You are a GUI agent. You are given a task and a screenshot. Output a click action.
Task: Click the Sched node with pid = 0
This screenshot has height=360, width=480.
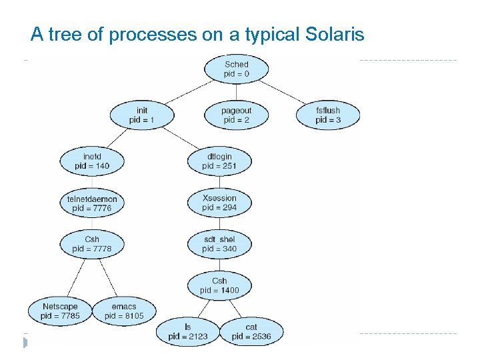point(236,69)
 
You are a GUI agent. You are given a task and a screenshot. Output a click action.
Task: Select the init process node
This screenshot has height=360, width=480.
point(141,115)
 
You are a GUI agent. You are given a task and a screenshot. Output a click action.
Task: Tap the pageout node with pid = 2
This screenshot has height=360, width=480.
point(236,115)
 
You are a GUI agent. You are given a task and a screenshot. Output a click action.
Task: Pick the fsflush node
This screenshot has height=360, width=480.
point(328,115)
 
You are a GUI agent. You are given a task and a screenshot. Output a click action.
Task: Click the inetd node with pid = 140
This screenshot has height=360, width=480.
point(92,161)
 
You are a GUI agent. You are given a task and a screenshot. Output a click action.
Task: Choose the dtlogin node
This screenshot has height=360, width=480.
point(219,161)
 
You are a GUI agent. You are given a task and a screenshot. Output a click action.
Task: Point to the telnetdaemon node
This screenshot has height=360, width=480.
point(92,203)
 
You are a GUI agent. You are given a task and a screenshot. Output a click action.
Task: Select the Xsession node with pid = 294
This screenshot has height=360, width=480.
point(219,203)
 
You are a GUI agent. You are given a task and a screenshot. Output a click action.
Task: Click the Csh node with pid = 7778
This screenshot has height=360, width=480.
point(92,244)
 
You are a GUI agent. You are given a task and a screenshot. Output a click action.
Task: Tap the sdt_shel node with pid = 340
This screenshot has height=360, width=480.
point(219,244)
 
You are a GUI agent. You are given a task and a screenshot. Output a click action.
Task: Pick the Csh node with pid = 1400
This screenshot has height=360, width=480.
point(219,285)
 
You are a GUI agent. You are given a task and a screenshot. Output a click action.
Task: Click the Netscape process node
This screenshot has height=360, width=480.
point(60,311)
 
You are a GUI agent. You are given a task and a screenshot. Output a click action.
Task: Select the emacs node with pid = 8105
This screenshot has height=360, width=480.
point(124,311)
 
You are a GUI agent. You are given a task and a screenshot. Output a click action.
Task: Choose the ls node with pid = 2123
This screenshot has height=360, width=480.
point(188,331)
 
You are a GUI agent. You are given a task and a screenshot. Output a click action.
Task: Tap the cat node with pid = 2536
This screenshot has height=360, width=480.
point(251,331)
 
